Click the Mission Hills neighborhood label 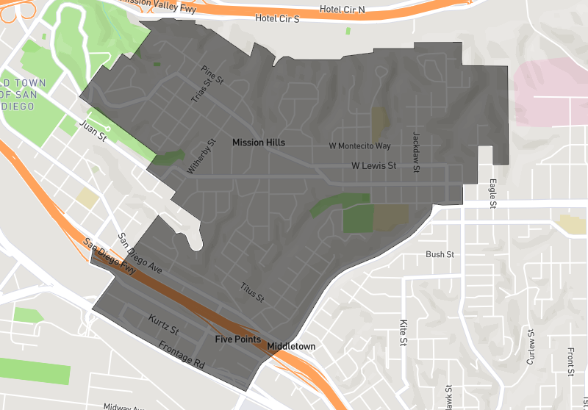point(258,142)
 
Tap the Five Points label point(237,339)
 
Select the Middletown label point(291,345)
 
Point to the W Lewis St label point(373,166)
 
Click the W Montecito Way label point(359,146)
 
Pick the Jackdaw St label point(416,152)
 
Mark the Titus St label point(252,294)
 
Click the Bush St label point(440,254)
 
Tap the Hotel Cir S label point(277,18)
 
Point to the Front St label point(570,362)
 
